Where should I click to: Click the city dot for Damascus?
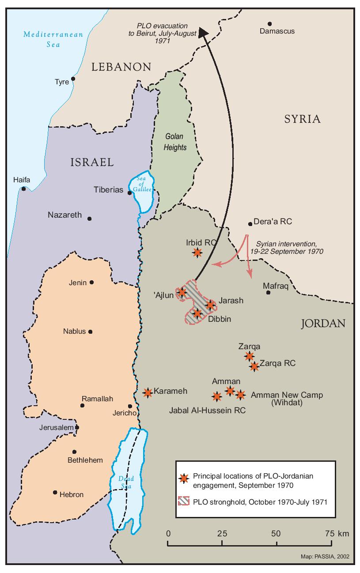[269, 24]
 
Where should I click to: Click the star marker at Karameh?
[148, 392]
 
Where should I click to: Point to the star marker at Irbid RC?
[197, 253]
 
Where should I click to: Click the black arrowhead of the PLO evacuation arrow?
[203, 32]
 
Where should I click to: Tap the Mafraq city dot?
[268, 292]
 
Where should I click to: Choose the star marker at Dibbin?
[197, 313]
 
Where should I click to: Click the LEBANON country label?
[121, 67]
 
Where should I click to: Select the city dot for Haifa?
[23, 189]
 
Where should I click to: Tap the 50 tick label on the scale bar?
[276, 533]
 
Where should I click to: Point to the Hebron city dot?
[55, 492]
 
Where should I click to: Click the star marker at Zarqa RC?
[254, 366]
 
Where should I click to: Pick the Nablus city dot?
[91, 332]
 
